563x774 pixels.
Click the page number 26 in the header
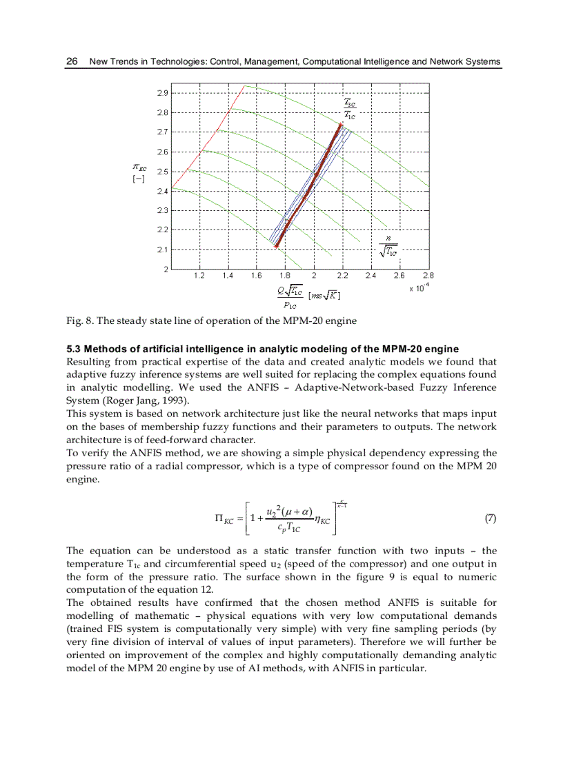coord(71,61)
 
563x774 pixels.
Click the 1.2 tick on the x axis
coord(199,276)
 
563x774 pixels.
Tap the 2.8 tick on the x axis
coord(427,276)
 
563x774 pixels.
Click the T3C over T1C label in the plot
coord(350,108)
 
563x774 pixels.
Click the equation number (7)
coord(490,518)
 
